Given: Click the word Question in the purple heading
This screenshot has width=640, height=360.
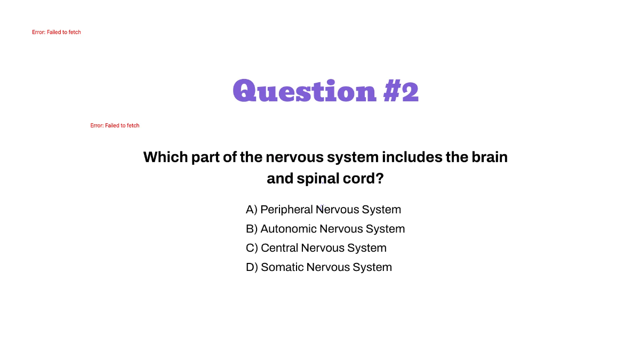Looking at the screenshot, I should coord(305,92).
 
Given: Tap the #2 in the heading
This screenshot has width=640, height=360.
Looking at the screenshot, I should coord(401,92).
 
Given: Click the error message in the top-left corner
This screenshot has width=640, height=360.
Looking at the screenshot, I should coord(57,33).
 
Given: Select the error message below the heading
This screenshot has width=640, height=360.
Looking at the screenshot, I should coord(115,126).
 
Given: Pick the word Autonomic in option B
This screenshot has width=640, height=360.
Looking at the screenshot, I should coord(288,229).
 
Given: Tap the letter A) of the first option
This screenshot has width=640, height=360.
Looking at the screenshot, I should coord(251,210).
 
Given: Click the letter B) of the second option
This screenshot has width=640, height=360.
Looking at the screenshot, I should coord(252,229).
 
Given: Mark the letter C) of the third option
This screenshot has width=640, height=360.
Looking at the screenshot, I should coord(252,248).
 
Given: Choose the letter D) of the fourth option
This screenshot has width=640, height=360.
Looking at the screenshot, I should coord(252,267).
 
